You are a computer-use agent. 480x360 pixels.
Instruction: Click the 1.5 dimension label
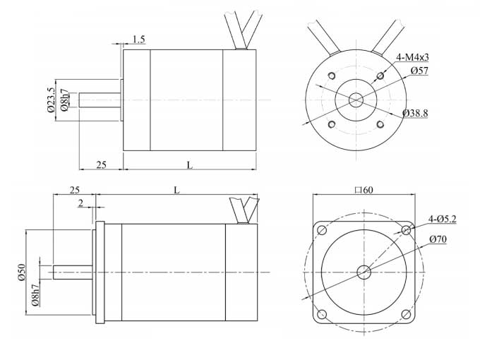[138, 40]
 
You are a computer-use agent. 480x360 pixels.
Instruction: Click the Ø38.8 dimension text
[415, 113]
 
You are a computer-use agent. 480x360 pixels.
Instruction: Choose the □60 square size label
[364, 190]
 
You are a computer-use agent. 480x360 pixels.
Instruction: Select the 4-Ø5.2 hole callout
[443, 220]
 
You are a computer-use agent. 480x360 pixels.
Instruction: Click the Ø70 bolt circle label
[438, 239]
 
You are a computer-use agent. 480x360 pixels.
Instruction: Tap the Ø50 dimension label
[21, 272]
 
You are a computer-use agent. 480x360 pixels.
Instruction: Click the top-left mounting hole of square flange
[322, 230]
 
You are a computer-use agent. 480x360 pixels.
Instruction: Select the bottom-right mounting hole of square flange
[406, 314]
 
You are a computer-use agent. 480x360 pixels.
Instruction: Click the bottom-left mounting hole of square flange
[322, 314]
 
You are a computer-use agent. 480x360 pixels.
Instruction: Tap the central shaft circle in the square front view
[364, 272]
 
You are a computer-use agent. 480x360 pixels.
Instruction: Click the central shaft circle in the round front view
[356, 100]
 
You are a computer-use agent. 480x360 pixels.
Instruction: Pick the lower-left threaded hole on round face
[330, 124]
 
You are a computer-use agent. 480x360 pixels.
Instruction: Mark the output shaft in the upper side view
[100, 100]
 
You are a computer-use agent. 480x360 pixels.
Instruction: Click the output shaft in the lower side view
[73, 272]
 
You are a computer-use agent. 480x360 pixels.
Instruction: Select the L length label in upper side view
[189, 164]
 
